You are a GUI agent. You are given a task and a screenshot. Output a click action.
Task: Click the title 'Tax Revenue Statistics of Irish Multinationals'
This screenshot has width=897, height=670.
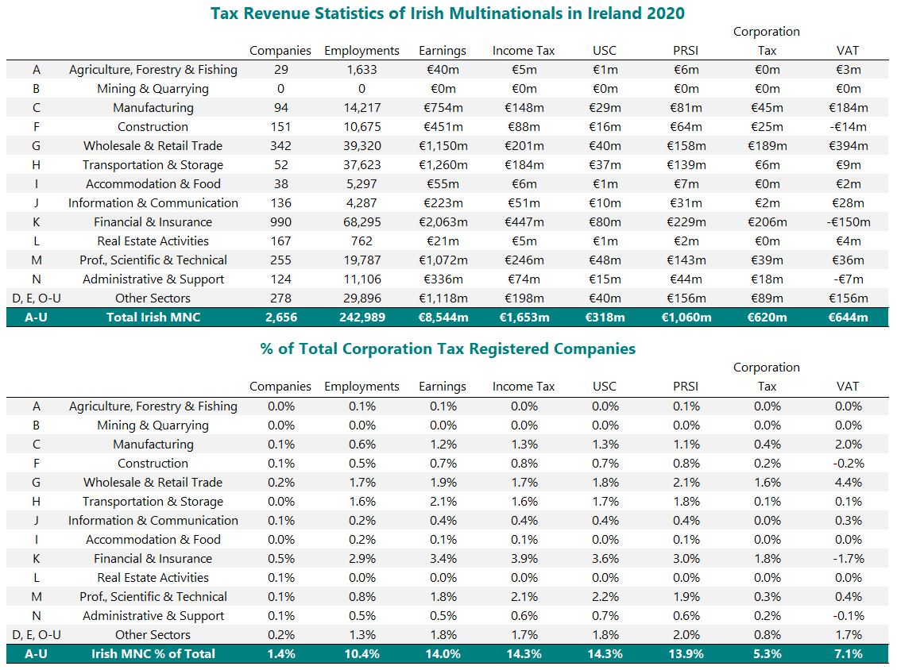(x=447, y=13)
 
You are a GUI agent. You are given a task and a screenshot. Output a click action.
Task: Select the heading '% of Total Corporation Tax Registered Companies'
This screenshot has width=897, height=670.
(x=447, y=348)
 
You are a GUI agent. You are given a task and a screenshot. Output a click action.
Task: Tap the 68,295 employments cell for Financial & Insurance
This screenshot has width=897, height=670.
(x=362, y=222)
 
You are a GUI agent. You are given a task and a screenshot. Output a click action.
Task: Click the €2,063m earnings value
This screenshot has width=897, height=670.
(x=443, y=222)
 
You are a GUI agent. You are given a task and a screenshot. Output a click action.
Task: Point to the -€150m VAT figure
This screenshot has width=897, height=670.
(x=848, y=222)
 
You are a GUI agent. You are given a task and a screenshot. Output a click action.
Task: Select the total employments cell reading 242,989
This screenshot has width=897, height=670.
(x=362, y=318)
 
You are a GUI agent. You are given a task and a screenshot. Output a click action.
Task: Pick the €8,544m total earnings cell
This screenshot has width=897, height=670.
(x=443, y=318)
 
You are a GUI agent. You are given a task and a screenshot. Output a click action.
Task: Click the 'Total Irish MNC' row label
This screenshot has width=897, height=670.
(x=153, y=318)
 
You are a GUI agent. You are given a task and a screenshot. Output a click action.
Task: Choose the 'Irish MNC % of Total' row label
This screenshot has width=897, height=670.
(x=153, y=654)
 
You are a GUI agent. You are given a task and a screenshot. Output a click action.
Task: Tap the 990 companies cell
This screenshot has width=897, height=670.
(x=280, y=222)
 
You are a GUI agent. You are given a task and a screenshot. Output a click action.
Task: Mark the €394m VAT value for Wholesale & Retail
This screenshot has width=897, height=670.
(x=848, y=146)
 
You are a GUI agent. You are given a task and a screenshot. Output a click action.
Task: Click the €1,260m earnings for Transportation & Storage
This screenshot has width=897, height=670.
(x=443, y=165)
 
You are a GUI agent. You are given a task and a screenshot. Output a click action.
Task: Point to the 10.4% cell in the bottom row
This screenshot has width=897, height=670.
(x=362, y=654)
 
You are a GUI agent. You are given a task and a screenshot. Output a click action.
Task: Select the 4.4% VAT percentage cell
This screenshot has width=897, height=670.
(x=848, y=483)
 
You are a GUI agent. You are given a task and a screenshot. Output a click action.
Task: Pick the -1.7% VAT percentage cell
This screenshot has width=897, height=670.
(x=848, y=559)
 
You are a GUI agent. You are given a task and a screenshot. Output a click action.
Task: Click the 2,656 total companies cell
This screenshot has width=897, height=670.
(x=280, y=318)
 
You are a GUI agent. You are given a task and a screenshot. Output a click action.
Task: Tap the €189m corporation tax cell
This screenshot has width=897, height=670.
(x=767, y=146)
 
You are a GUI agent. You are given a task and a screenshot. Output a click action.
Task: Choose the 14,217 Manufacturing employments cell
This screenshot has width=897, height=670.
(x=362, y=108)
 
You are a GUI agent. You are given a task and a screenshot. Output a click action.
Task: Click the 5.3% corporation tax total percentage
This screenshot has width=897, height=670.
(x=767, y=654)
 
